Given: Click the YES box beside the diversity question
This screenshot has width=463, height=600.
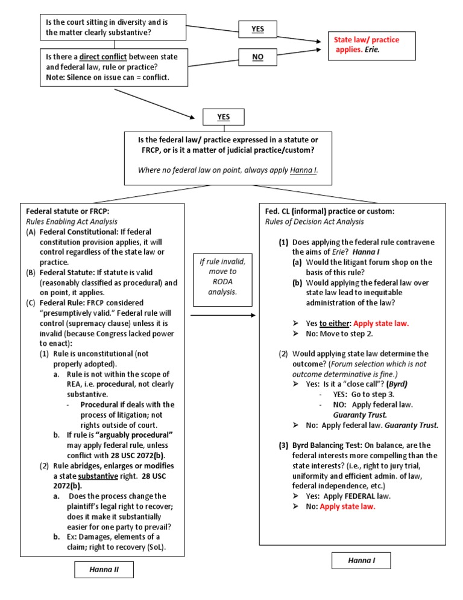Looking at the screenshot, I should click(x=257, y=28).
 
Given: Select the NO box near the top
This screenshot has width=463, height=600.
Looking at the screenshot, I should click(x=257, y=58).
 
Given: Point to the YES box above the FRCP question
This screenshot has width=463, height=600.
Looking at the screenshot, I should click(x=223, y=116).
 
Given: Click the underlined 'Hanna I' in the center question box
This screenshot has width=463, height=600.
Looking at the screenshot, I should click(x=303, y=170).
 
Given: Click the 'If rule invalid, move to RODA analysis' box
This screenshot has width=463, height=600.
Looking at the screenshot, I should click(x=222, y=276).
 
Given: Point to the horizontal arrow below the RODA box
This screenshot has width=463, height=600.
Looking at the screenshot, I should click(x=222, y=315).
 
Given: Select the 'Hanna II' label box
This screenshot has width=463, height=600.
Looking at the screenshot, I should click(x=104, y=570).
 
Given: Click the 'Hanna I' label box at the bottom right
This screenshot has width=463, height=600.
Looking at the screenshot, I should click(x=361, y=561).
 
